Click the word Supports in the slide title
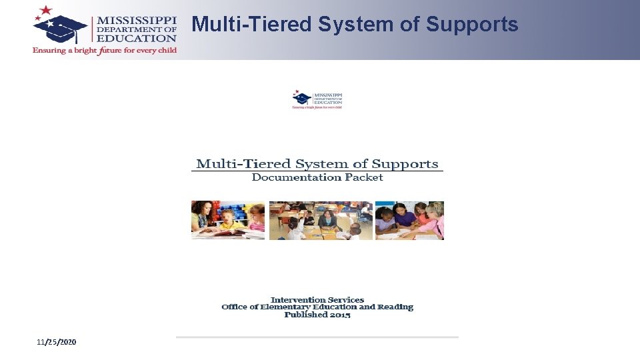[x=472, y=25]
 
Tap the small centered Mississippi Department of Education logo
[x=317, y=99]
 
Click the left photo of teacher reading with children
[x=228, y=220]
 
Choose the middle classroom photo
[x=321, y=220]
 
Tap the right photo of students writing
[x=409, y=220]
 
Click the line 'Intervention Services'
[x=317, y=300]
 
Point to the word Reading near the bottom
[x=395, y=307]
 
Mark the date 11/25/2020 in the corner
[x=57, y=342]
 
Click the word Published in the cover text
[x=305, y=315]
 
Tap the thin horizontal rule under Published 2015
[x=317, y=337]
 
